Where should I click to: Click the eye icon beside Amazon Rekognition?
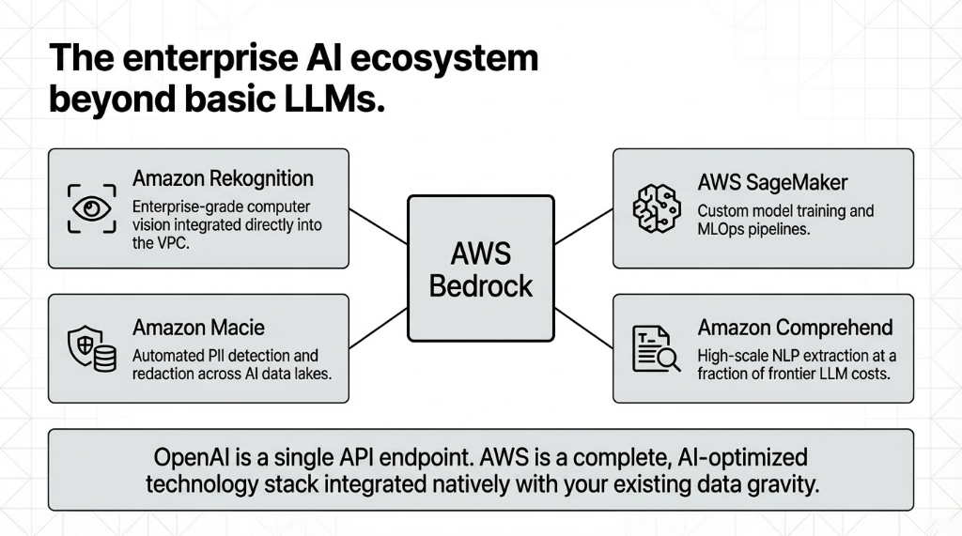(92, 208)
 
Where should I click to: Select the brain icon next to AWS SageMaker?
(656, 207)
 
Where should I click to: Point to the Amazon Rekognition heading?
(223, 178)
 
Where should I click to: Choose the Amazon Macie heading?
(198, 328)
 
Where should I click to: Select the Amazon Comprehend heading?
(795, 328)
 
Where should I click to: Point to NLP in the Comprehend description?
(772, 356)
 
